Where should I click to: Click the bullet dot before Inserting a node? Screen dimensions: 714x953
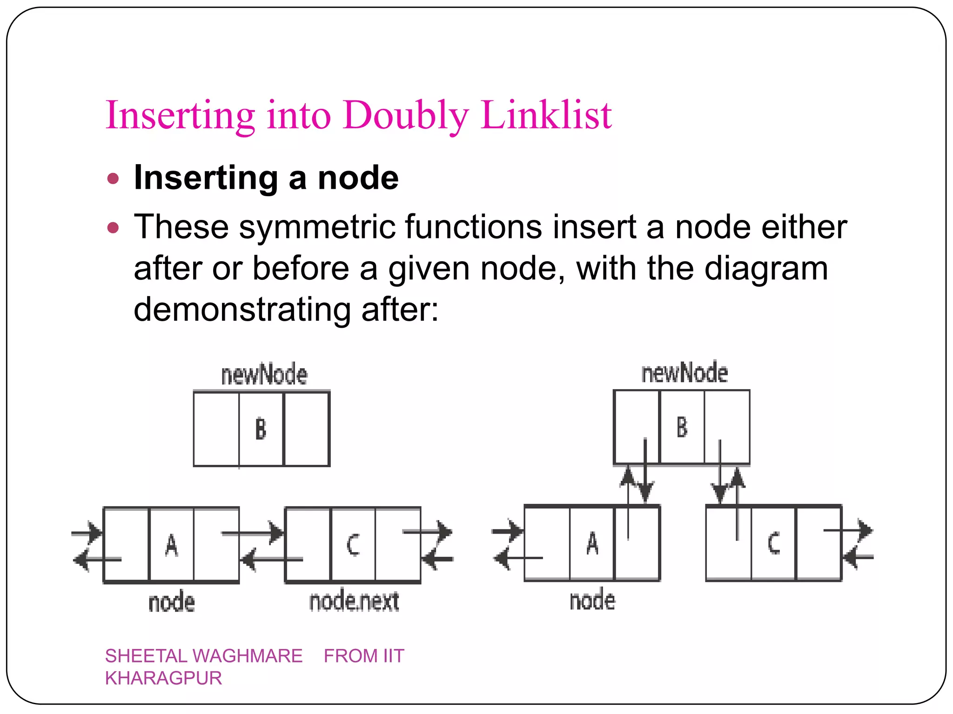(x=113, y=178)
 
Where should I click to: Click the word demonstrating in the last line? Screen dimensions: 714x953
(x=242, y=310)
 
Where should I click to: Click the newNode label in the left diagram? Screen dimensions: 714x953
(x=264, y=375)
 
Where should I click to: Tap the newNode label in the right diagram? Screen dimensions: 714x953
(x=685, y=373)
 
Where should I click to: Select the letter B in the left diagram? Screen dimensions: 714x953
(x=261, y=429)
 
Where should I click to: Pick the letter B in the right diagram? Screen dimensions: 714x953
(x=682, y=427)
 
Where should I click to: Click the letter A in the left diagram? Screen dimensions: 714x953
(x=171, y=545)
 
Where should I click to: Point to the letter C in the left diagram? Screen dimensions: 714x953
(x=353, y=545)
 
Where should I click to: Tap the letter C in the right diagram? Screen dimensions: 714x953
(x=773, y=543)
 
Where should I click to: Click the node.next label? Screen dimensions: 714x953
(x=354, y=601)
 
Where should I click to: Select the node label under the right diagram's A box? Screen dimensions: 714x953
(x=592, y=600)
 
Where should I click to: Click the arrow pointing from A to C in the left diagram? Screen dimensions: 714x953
(x=254, y=533)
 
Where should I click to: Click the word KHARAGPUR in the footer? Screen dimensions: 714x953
(x=163, y=678)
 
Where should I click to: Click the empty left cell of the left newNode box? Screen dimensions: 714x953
(x=216, y=429)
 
